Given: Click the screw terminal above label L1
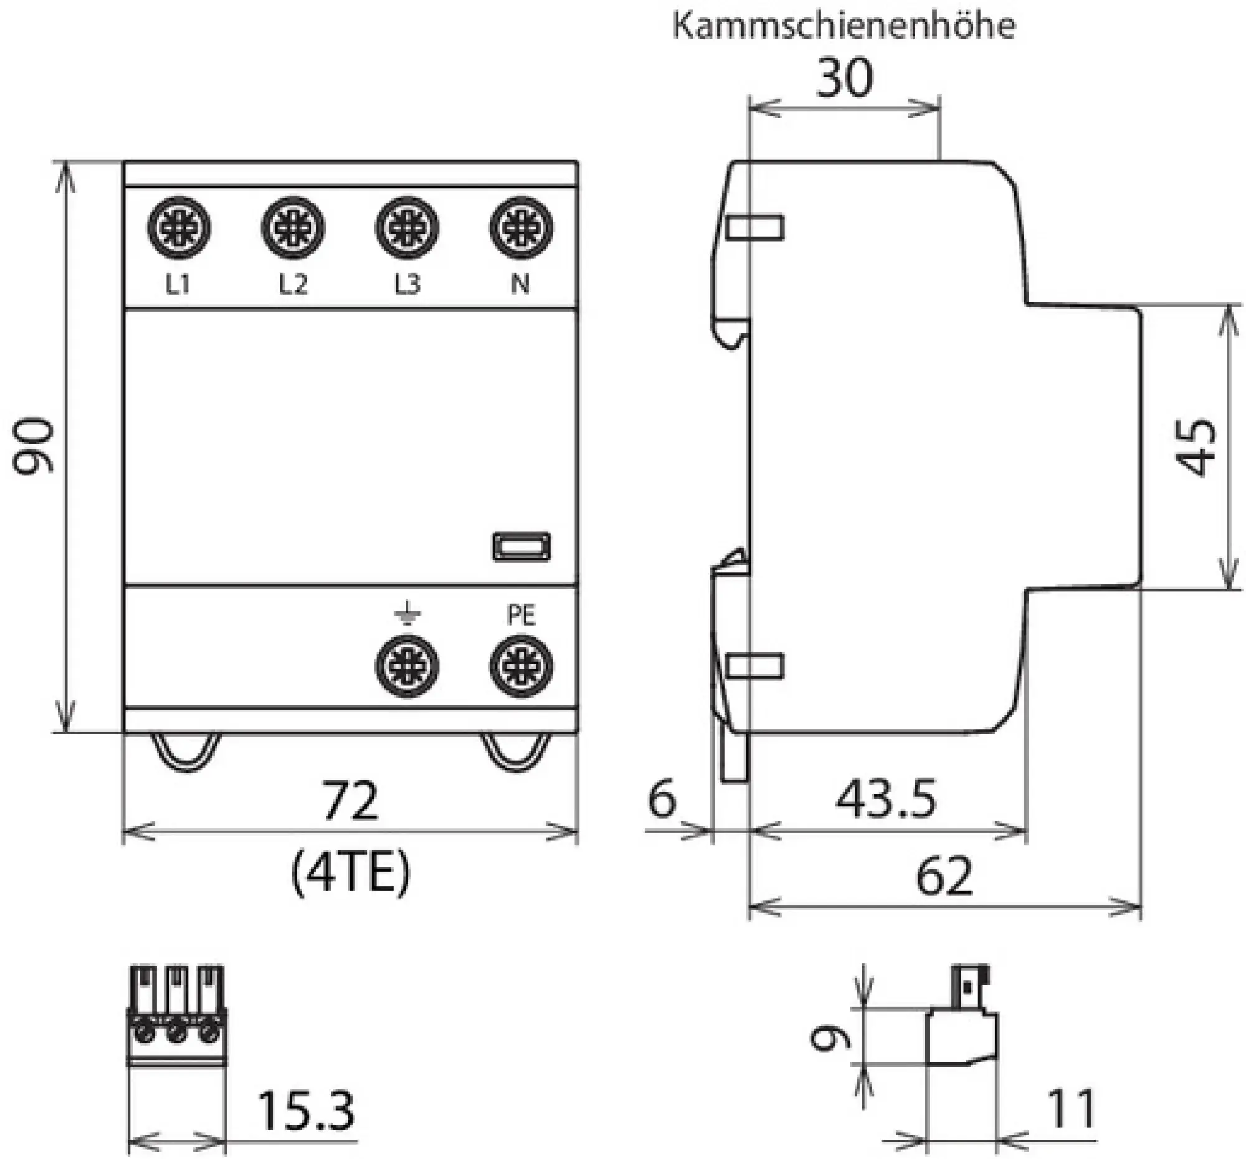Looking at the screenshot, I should [179, 227].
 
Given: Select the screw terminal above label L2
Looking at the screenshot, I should [293, 227].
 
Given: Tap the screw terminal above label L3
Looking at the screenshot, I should [407, 227].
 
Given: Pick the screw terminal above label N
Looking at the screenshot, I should [521, 227].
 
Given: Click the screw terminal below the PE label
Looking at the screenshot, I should [521, 665].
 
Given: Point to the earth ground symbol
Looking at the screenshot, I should [407, 613].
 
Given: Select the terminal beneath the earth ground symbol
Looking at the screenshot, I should [407, 665].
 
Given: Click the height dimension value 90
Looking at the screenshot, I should [34, 446].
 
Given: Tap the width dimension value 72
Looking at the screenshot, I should [350, 801].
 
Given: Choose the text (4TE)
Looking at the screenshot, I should [350, 873].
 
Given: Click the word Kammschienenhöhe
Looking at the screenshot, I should [844, 26].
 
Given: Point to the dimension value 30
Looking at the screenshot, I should [844, 78].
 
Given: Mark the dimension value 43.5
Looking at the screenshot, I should [886, 799].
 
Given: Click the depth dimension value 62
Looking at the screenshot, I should [944, 876].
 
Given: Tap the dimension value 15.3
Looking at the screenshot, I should [305, 1111].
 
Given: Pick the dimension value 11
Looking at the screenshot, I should [1072, 1109].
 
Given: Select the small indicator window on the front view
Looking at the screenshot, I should [521, 546].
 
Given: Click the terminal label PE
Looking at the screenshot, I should [521, 615].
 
